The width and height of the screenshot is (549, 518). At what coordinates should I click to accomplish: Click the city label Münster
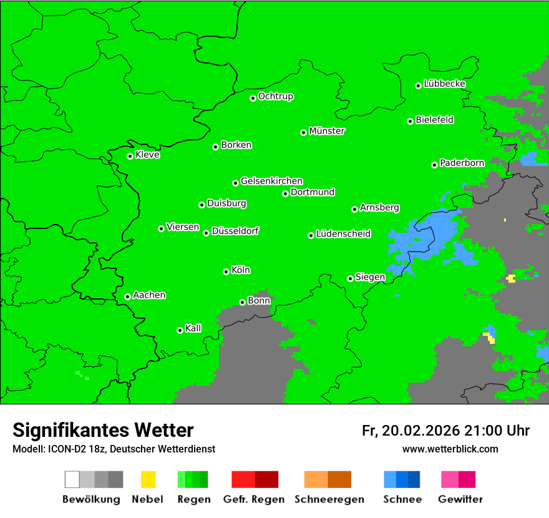pyautogui.click(x=327, y=131)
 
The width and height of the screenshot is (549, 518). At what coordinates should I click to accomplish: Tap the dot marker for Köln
pyautogui.click(x=226, y=271)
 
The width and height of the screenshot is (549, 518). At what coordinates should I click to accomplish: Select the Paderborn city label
pyautogui.click(x=462, y=163)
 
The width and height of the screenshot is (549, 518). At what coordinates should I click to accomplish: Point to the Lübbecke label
pyautogui.click(x=444, y=84)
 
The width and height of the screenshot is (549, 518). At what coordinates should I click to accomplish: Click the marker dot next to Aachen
pyautogui.click(x=127, y=296)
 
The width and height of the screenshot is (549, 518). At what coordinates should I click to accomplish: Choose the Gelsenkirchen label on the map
pyautogui.click(x=271, y=181)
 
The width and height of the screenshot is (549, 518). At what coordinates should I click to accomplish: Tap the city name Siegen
pyautogui.click(x=370, y=277)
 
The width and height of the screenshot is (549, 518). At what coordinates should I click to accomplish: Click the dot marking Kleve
pyautogui.click(x=130, y=156)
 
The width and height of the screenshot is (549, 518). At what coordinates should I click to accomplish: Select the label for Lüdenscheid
pyautogui.click(x=343, y=234)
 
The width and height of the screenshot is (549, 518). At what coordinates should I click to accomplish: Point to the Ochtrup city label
pyautogui.click(x=276, y=96)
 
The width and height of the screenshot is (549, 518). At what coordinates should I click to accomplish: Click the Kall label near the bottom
pyautogui.click(x=193, y=328)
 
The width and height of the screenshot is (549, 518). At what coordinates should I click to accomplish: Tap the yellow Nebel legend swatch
pyautogui.click(x=148, y=479)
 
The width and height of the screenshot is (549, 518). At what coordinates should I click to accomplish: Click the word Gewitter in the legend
pyautogui.click(x=460, y=499)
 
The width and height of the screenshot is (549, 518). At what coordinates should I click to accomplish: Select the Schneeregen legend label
pyautogui.click(x=328, y=499)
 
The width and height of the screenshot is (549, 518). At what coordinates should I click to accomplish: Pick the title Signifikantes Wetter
pyautogui.click(x=103, y=430)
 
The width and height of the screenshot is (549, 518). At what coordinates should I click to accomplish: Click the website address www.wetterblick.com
pyautogui.click(x=450, y=449)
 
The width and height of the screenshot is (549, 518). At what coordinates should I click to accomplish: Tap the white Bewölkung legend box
pyautogui.click(x=72, y=479)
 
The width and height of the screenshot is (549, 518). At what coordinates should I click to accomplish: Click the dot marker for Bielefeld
pyautogui.click(x=410, y=121)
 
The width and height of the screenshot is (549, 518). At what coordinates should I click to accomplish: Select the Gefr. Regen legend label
pyautogui.click(x=254, y=499)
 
